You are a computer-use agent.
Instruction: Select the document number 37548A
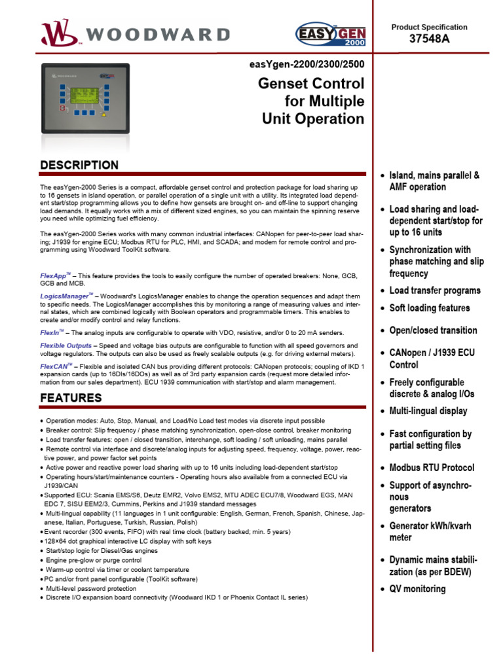coord(429,39)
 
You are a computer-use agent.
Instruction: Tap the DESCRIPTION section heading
coord(79,165)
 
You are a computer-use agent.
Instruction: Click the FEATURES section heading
coord(71,398)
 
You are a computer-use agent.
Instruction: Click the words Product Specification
coord(429,27)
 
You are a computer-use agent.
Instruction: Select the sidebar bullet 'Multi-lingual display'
coord(428,411)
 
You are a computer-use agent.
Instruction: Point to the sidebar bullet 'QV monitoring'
coord(417,589)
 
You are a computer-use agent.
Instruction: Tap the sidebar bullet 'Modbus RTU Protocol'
coord(432,468)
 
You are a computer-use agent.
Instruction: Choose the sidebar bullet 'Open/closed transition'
coord(433,330)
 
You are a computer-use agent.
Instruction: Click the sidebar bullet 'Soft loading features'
coord(429,308)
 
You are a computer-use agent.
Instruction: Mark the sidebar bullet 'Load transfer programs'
coord(434,291)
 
